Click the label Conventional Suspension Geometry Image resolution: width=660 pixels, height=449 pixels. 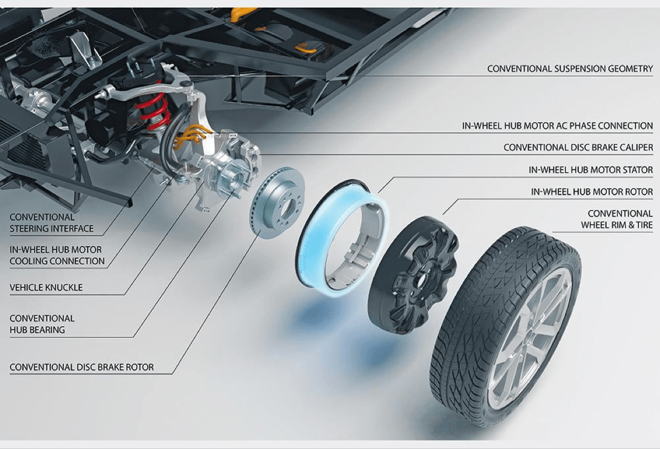[569, 69]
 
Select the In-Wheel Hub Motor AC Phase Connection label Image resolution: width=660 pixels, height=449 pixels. [557, 126]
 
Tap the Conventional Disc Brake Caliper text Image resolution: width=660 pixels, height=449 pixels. [578, 148]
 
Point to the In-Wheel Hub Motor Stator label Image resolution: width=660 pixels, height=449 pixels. [590, 169]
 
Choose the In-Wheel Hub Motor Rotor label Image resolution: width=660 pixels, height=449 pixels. [592, 192]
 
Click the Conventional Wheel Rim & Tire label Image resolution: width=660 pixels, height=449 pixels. [617, 219]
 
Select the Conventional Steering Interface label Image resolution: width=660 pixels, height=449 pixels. [51, 222]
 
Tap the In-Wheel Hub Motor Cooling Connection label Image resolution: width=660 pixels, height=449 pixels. [57, 255]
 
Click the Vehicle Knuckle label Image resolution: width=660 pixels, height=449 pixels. [46, 287]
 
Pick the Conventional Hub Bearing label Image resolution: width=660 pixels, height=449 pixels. [42, 324]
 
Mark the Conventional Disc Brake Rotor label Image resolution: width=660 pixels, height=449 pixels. [82, 367]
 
